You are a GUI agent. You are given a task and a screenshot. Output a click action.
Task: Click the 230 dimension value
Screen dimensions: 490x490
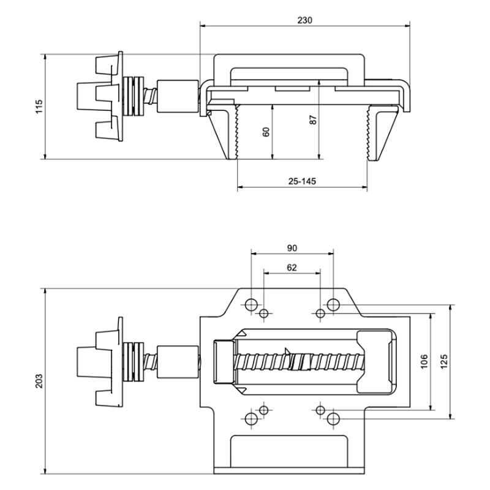pos(305,20)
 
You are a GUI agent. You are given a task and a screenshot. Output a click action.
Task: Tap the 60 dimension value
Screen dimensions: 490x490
pos(265,132)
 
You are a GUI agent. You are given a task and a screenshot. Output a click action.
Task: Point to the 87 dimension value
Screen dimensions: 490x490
pos(313,119)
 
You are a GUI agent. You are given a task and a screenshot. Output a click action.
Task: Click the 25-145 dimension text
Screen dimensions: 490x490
pos(301,182)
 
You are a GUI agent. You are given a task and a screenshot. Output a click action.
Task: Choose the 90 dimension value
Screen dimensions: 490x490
pos(292,247)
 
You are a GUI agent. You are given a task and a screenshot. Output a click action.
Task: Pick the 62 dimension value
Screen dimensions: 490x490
pos(292,267)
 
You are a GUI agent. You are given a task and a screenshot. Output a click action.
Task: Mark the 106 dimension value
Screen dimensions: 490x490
pos(424,361)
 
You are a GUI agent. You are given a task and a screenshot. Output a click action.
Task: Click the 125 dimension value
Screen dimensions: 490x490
pos(444,361)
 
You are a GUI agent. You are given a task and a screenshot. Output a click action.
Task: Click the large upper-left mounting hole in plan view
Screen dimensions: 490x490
pos(251,304)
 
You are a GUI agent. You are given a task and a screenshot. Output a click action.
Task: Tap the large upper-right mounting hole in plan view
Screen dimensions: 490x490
pos(333,304)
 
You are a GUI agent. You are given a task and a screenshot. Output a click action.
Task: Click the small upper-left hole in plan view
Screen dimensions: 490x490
pos(264,314)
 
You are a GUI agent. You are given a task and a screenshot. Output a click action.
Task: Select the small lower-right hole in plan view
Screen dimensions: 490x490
pos(320,409)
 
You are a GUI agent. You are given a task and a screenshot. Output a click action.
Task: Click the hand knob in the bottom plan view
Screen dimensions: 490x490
pos(99,361)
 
